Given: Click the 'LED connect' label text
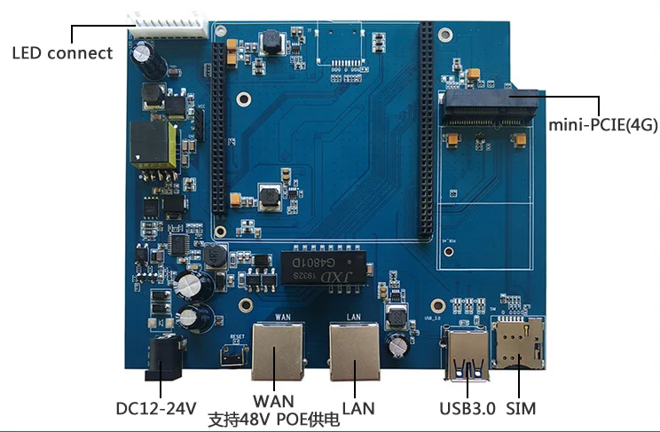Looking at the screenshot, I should pyautogui.click(x=62, y=53).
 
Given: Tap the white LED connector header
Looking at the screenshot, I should pyautogui.click(x=168, y=24).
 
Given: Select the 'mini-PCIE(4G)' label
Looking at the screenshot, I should pyautogui.click(x=602, y=125).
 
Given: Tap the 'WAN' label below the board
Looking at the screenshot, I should pyautogui.click(x=272, y=401).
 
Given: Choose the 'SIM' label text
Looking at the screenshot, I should pyautogui.click(x=521, y=409).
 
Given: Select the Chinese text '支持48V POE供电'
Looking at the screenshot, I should pyautogui.click(x=272, y=420).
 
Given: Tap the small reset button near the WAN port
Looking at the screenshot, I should pyautogui.click(x=233, y=355).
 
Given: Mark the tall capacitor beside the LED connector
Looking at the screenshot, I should pyautogui.click(x=145, y=59).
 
